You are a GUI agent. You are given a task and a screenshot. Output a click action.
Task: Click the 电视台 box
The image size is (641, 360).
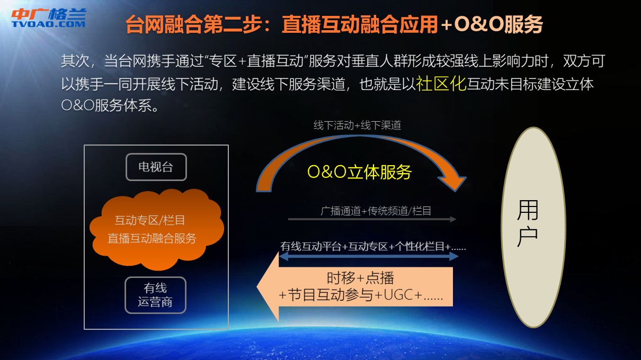point(156,167)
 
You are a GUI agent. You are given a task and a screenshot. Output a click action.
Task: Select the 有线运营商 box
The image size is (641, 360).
point(155,295)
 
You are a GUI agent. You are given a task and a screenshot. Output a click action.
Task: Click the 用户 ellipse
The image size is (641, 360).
point(533,227)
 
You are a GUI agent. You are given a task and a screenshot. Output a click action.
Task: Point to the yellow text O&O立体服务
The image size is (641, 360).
point(359,172)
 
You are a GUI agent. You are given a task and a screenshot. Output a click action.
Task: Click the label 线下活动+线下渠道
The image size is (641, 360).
point(357,125)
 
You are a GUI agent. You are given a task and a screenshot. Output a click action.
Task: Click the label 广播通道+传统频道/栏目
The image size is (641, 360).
point(376,211)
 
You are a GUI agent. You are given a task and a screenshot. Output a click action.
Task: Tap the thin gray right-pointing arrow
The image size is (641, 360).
point(372,219)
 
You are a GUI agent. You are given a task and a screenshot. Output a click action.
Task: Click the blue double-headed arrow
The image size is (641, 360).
point(369,256)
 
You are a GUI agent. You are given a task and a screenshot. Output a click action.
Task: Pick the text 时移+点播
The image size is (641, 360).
point(361,278)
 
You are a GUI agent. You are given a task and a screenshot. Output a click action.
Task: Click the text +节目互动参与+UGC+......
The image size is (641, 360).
point(351,295)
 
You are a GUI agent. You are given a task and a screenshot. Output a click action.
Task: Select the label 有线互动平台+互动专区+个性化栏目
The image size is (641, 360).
point(366,246)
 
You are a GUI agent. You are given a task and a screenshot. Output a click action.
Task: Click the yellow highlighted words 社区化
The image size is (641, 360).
point(441,84)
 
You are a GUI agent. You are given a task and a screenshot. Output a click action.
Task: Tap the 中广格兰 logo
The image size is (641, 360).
point(49,17)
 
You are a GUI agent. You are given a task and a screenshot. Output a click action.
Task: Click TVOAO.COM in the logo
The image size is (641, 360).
point(49,24)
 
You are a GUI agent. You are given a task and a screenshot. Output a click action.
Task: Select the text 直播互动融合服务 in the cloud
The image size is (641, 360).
point(152,238)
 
